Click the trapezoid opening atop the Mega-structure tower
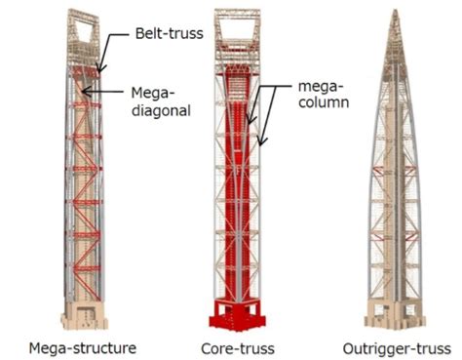click(85, 28)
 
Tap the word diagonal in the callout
click(160, 109)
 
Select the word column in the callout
click(326, 100)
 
